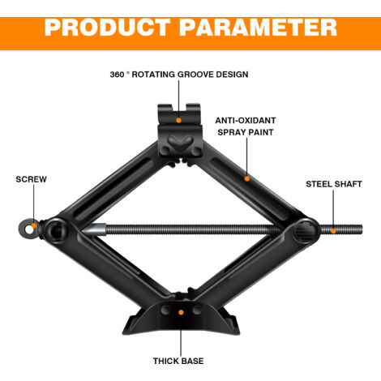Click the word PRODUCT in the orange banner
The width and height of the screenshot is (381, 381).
coord(108,28)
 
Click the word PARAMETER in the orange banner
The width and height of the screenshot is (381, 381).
coord(259,28)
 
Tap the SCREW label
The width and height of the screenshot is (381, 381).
coord(31,179)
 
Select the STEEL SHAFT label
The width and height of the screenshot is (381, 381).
coord(334,184)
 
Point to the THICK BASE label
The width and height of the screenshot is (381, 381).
coord(178,361)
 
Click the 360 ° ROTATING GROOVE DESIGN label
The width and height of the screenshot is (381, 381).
coord(179,75)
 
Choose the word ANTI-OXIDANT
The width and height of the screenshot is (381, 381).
coord(246,121)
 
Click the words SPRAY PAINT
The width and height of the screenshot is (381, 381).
coord(246,132)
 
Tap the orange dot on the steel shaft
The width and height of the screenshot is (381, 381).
coord(333,231)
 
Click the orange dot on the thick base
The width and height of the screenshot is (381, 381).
coord(181,312)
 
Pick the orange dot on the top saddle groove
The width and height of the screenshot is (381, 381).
coord(178,120)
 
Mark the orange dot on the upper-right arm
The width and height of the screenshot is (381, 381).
coord(246,178)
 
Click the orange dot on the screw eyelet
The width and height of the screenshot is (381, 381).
coord(34,225)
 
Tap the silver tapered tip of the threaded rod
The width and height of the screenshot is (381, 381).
coord(93,229)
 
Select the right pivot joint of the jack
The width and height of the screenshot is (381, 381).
coord(305,231)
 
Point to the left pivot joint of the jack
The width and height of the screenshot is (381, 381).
coord(56,230)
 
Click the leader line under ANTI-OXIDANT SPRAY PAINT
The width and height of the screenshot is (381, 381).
coord(246,157)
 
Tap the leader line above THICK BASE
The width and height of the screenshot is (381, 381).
coord(181,335)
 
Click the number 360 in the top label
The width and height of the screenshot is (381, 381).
coord(117,75)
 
